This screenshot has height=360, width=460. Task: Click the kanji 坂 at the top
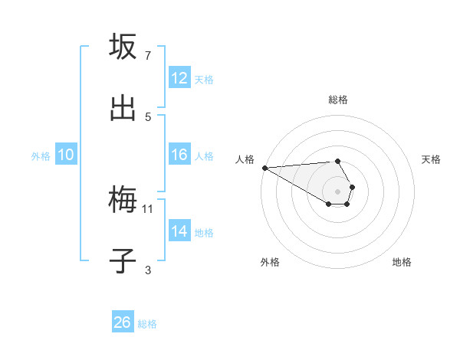click(123, 47)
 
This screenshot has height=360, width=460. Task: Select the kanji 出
click(123, 109)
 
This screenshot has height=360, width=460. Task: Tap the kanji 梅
click(123, 201)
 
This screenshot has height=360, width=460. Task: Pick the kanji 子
click(123, 262)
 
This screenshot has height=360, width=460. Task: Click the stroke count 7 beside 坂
click(148, 56)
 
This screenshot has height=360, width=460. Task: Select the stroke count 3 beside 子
click(148, 270)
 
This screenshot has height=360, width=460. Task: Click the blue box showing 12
click(179, 78)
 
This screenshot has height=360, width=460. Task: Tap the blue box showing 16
click(179, 155)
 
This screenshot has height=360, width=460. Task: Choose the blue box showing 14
click(179, 231)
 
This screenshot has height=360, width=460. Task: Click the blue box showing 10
click(66, 155)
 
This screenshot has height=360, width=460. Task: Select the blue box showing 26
click(123, 322)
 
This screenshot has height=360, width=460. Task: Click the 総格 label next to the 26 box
click(147, 324)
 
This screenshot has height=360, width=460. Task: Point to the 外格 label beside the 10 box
click(41, 155)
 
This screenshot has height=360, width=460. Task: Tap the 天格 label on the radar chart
click(431, 159)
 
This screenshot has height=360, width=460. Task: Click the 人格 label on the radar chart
click(245, 159)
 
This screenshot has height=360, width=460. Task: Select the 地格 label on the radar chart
click(402, 262)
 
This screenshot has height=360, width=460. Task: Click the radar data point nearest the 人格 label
click(264, 168)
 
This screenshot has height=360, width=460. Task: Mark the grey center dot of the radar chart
click(337, 191)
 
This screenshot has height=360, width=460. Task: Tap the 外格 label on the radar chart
click(270, 262)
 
